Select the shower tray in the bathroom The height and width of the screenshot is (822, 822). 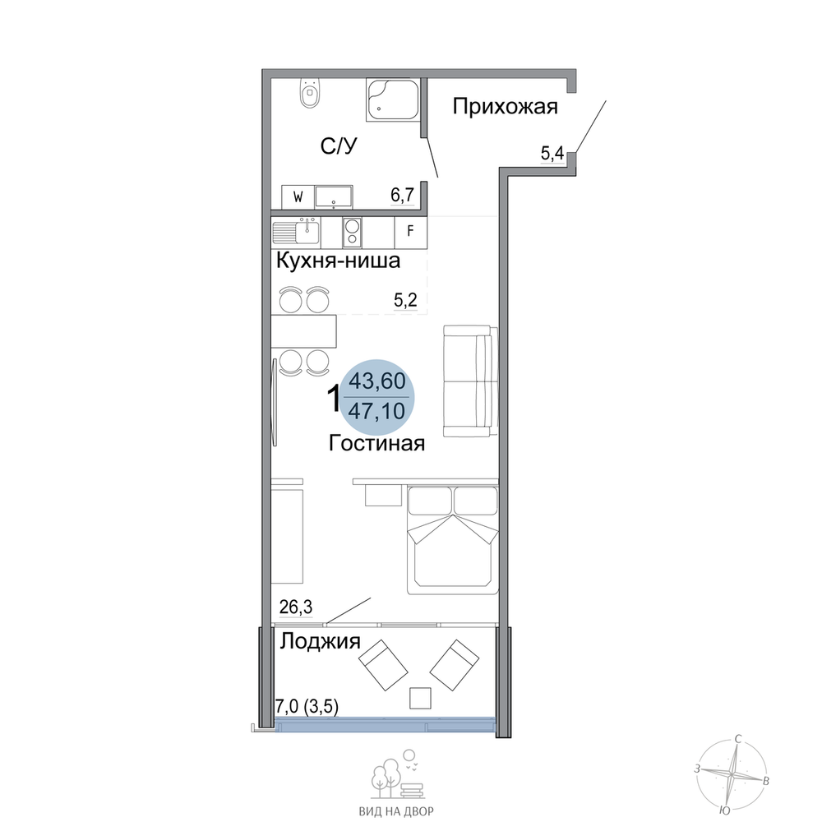click(x=393, y=100)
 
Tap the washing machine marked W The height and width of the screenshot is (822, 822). click(x=298, y=197)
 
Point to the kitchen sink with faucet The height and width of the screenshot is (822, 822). click(x=297, y=232)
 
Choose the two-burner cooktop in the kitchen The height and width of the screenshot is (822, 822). click(x=352, y=233)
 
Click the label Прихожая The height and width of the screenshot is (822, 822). click(x=506, y=106)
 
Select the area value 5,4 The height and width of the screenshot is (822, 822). click(x=552, y=154)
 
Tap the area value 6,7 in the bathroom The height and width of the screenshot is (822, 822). click(x=402, y=195)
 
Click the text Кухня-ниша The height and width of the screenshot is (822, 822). click(x=338, y=261)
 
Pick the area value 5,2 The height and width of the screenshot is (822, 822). click(x=405, y=300)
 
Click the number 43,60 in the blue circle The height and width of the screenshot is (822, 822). click(x=377, y=381)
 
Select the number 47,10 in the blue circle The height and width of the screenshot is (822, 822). click(x=377, y=411)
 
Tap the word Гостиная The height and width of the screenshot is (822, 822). click(x=376, y=444)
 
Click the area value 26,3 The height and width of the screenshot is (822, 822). click(x=296, y=607)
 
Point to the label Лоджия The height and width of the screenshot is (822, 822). click(x=320, y=642)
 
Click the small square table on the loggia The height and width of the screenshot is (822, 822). click(x=420, y=698)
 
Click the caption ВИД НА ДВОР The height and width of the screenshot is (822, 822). click(x=396, y=811)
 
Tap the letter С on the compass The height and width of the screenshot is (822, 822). click(x=738, y=740)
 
